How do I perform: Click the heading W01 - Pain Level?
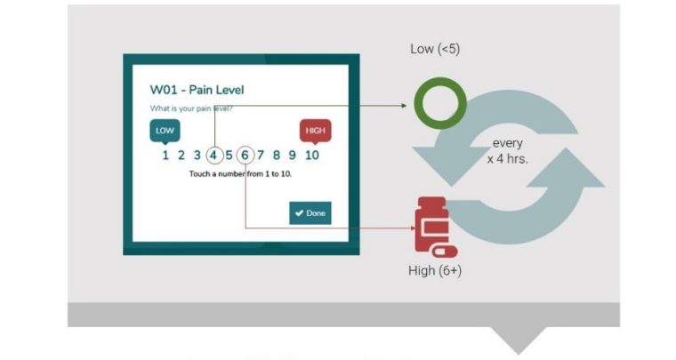[197, 90]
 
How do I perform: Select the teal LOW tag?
[165, 131]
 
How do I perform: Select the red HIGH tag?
[315, 131]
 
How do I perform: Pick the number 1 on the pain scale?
[165, 155]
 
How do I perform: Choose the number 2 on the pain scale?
[181, 155]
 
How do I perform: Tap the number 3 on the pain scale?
[197, 155]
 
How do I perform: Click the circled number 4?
[214, 155]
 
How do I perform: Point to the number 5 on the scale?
[229, 155]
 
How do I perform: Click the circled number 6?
[245, 155]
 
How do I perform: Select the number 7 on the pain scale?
[261, 155]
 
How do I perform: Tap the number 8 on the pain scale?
[277, 155]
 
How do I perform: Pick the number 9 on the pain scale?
[292, 155]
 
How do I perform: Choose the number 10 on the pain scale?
[311, 155]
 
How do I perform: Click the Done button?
[310, 213]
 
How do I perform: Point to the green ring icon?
[435, 104]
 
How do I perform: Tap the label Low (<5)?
[435, 49]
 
